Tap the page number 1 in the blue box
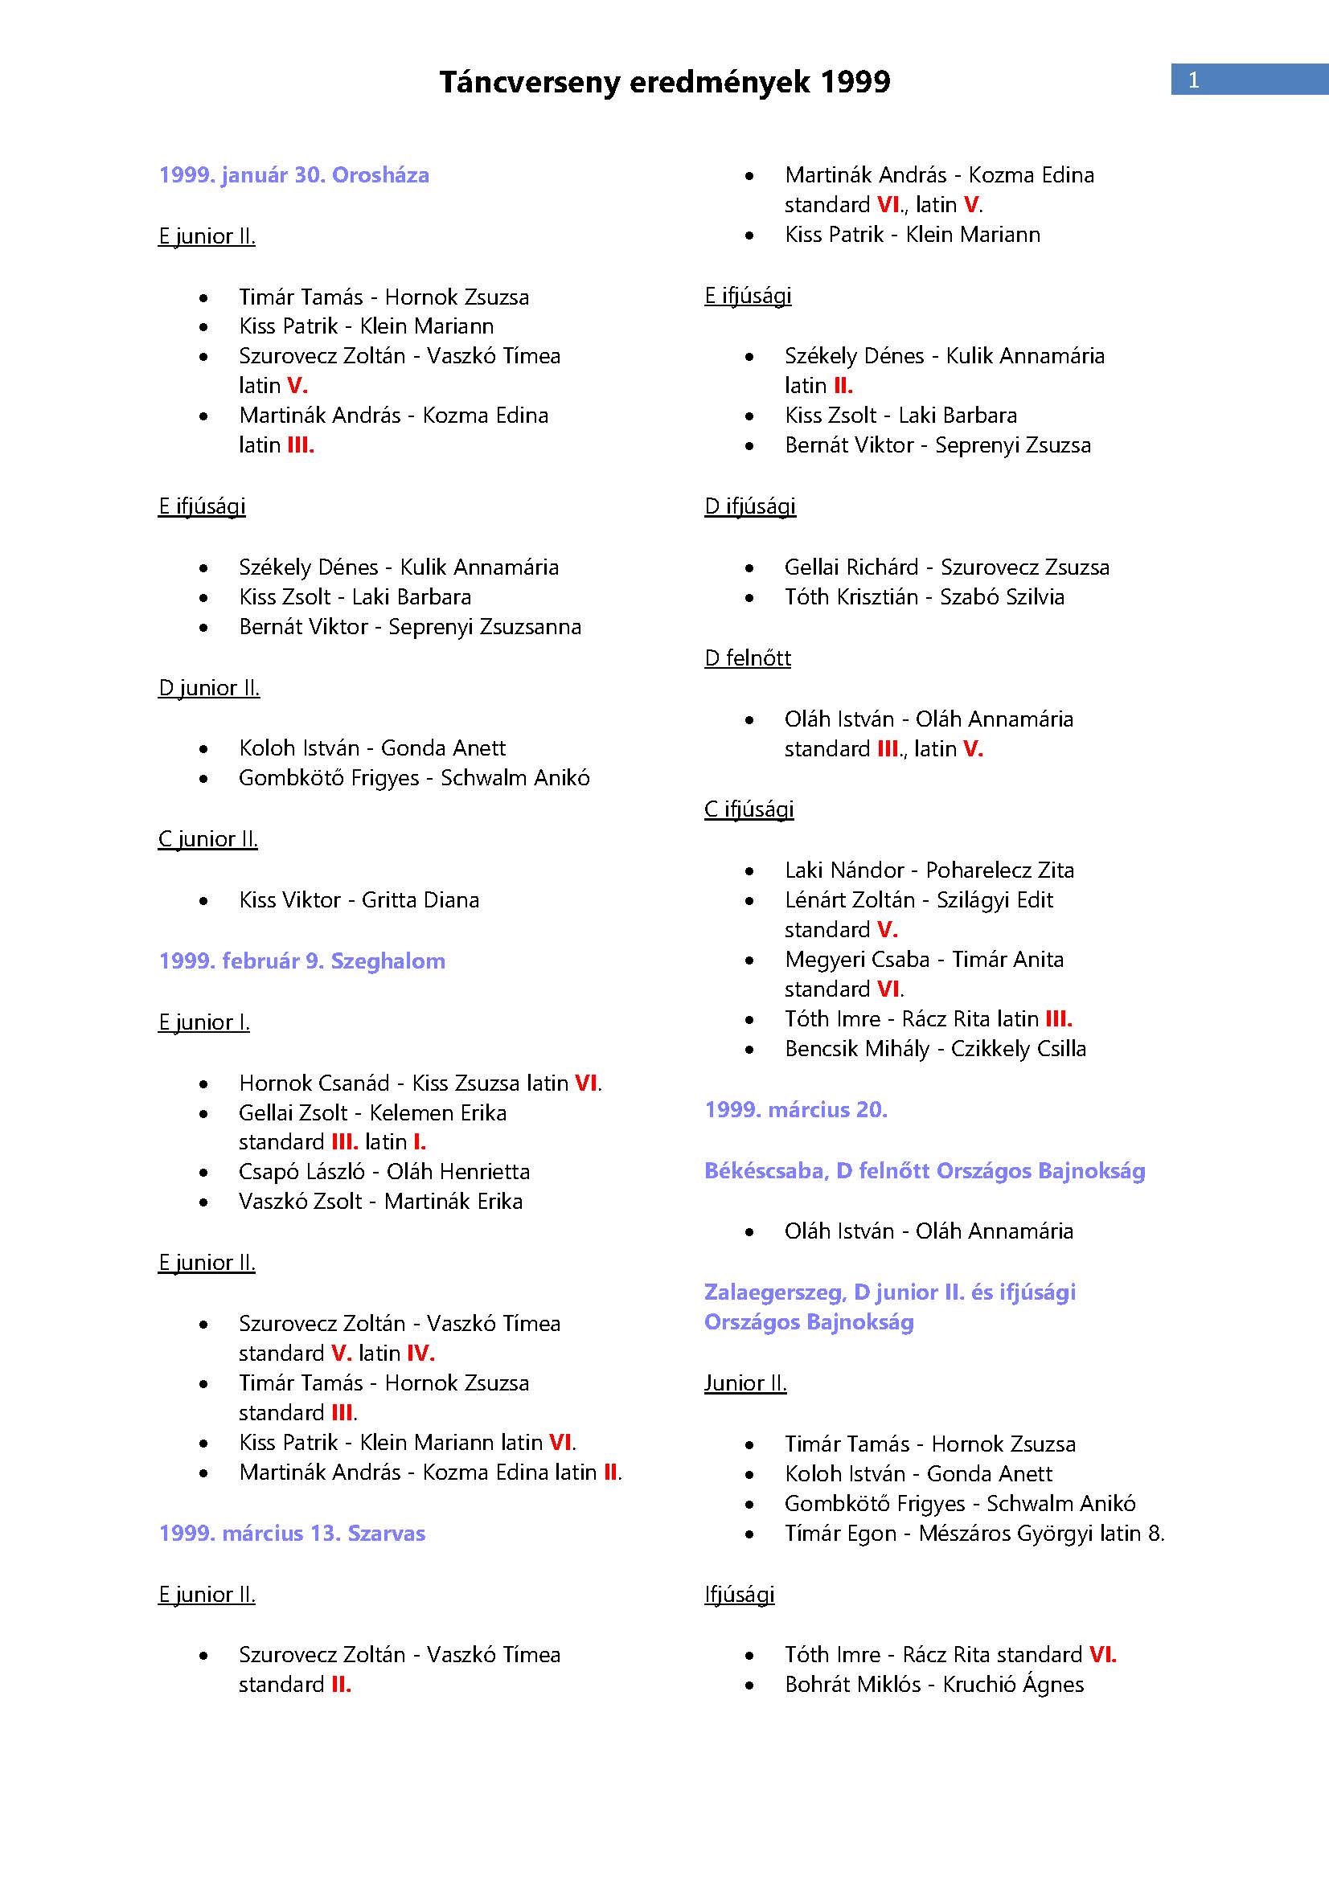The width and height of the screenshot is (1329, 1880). click(1193, 80)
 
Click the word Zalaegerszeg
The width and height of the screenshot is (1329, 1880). click(773, 1293)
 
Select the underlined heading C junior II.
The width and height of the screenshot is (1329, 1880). click(208, 839)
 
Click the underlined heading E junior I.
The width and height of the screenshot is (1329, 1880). click(204, 1022)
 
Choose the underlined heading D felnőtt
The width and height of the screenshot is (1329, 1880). click(748, 658)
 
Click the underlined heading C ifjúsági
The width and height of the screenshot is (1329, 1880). click(749, 810)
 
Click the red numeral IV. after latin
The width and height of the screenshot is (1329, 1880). click(420, 1354)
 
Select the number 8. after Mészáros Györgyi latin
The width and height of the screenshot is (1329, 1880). click(1155, 1534)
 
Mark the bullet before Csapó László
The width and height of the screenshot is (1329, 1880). click(203, 1173)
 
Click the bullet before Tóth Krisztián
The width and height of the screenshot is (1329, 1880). click(749, 598)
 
